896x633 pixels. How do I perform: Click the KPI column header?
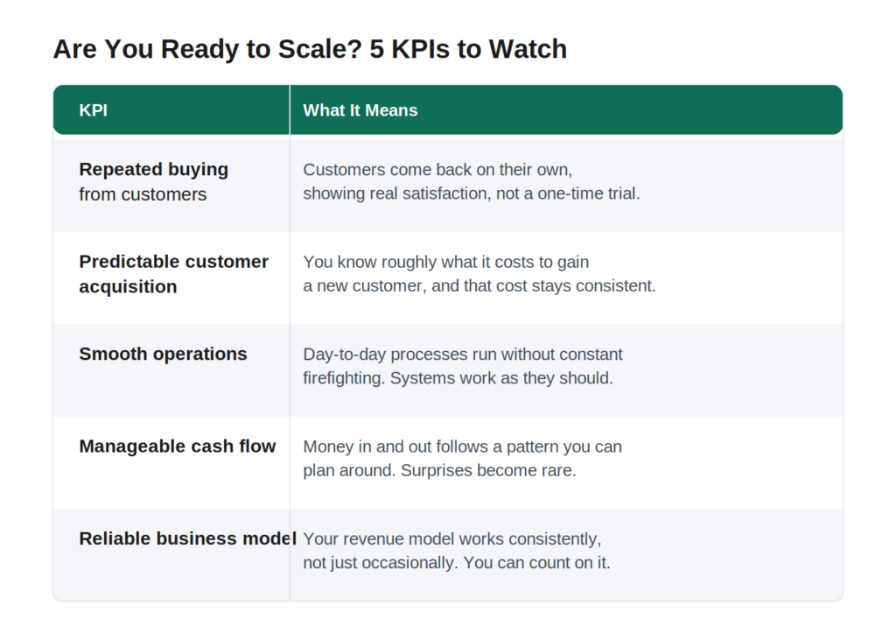click(x=93, y=110)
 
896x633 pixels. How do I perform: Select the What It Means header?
click(x=360, y=110)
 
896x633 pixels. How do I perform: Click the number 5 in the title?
click(x=376, y=49)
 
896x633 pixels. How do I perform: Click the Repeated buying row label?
click(x=154, y=169)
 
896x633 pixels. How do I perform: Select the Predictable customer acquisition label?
click(x=174, y=274)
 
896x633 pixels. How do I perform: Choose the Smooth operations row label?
click(x=163, y=354)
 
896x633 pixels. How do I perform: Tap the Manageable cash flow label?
click(x=177, y=446)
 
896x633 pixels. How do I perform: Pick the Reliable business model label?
click(x=187, y=538)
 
